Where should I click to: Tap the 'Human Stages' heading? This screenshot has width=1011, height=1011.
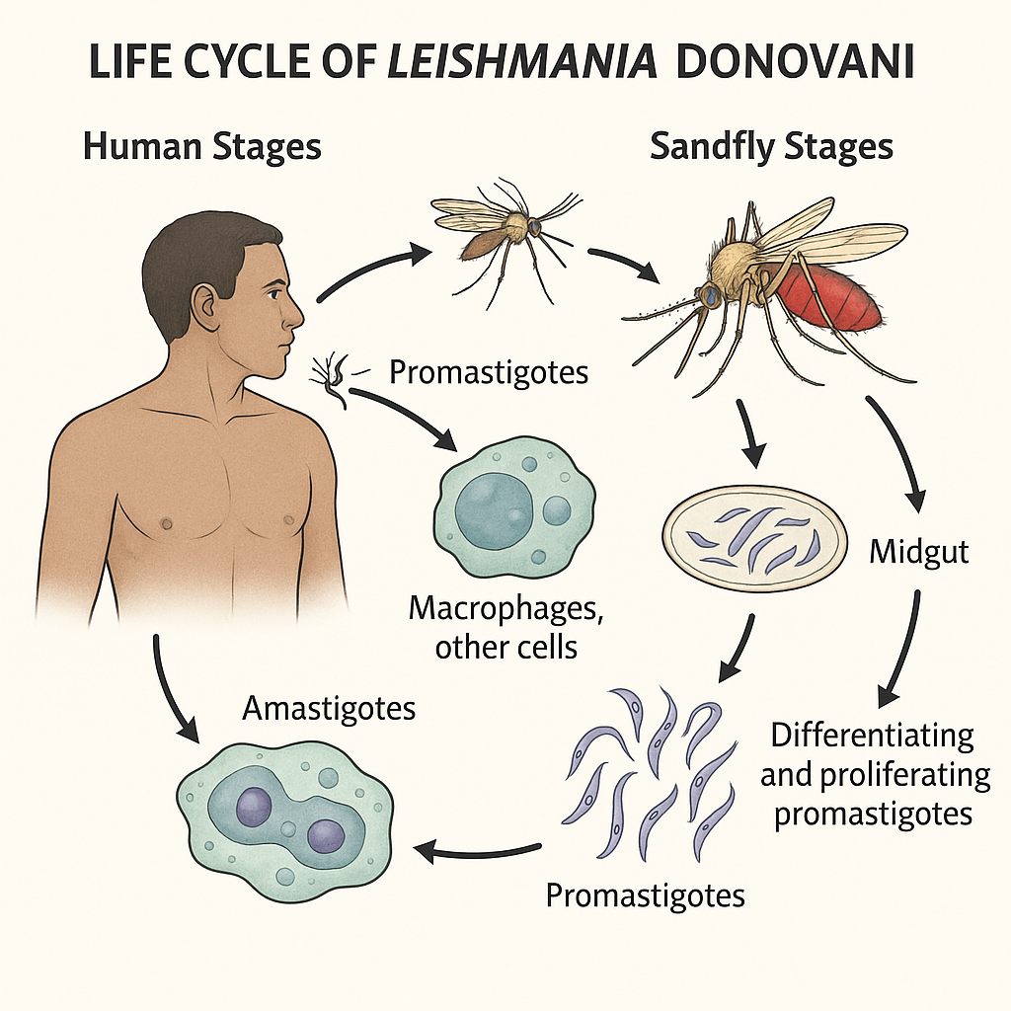click(202, 146)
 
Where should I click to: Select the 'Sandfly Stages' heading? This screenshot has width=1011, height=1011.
click(771, 146)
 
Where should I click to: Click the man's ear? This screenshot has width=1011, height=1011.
click(206, 303)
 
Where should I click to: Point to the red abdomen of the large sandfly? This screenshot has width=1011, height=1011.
click(829, 297)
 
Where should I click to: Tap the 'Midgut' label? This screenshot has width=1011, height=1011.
click(918, 551)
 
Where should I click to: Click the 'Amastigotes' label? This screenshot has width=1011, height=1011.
click(329, 708)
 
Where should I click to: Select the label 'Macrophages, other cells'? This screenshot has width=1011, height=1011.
click(505, 628)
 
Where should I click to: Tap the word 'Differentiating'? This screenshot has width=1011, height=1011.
click(872, 736)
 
